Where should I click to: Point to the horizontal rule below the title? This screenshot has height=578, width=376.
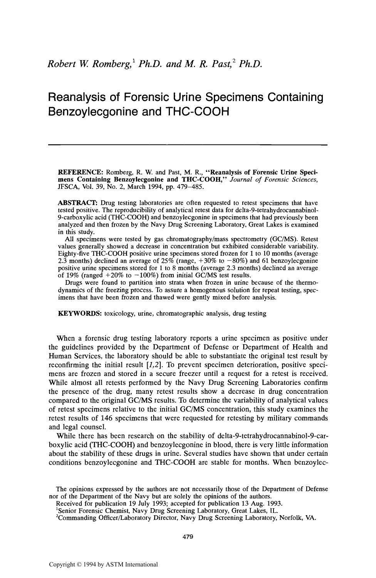(188, 145)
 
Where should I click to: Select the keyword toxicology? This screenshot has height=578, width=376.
(119, 313)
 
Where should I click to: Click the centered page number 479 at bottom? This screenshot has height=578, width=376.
(188, 537)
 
